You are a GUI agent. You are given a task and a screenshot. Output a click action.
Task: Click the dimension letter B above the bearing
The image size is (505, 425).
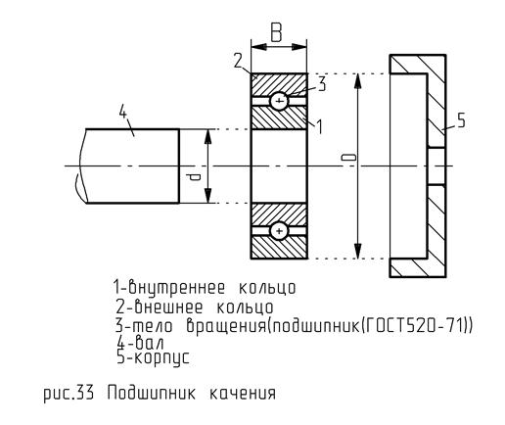276,33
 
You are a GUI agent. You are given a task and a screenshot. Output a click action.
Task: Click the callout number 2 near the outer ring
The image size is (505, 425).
239,61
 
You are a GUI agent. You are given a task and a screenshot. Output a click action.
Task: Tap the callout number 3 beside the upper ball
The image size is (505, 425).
322,83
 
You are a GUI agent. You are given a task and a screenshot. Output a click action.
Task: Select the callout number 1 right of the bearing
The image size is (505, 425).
320,126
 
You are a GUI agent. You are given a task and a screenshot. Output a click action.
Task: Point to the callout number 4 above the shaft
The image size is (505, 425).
122,112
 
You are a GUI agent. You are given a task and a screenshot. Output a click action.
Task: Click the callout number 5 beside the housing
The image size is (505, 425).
461,119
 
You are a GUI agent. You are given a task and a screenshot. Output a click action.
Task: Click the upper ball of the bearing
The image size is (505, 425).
279,101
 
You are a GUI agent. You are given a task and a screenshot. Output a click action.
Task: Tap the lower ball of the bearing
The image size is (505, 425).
279,231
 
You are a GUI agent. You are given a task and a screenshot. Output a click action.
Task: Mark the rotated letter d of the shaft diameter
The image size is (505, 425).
194,177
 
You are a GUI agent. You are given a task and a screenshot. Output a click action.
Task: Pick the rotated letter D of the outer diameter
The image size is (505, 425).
348,158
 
